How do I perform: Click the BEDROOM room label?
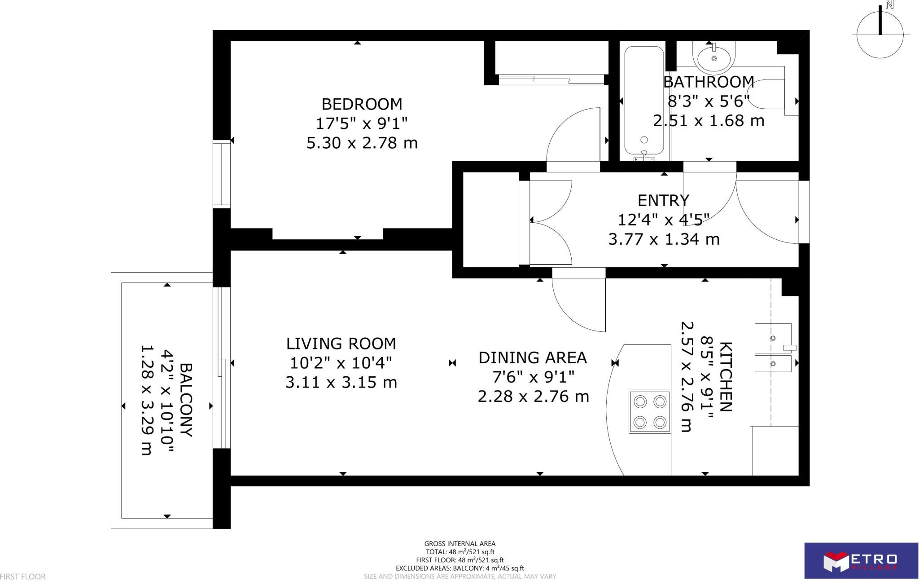point(362,104)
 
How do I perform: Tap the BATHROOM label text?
point(709,82)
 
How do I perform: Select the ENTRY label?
point(663,200)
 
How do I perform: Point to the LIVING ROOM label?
point(341,344)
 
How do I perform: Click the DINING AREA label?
point(533,357)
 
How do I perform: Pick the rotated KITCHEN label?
point(726,376)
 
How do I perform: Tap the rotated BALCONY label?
point(186,400)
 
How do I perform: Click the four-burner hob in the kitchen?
point(650,412)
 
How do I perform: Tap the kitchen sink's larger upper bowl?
point(773,338)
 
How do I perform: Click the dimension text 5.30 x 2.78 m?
point(362,143)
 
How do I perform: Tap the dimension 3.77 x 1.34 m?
point(664,239)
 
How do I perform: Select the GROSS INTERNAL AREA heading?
point(460,544)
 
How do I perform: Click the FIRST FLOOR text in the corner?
point(23,577)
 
